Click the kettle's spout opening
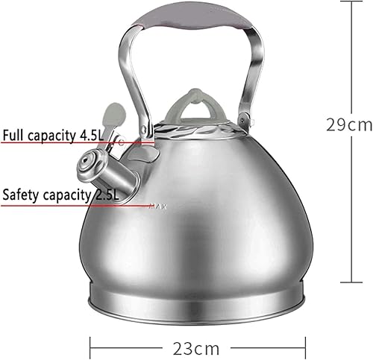click(92, 160)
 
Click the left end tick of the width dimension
click(92, 346)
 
